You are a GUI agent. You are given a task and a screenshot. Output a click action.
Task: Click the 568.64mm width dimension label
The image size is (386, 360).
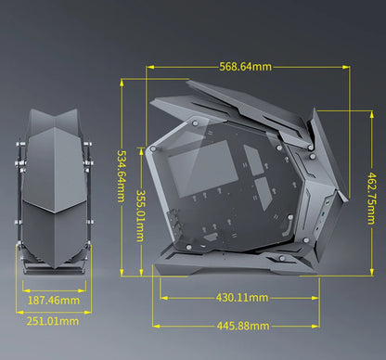click(x=246, y=67)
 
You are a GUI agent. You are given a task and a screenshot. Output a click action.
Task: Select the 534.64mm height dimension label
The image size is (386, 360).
click(x=122, y=178)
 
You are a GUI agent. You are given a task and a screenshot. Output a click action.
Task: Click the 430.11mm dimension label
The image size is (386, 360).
click(x=242, y=298)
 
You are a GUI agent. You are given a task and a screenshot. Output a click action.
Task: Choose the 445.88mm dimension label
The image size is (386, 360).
click(x=242, y=325)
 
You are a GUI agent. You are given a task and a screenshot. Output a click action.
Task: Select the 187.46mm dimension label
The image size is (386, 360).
click(x=52, y=301)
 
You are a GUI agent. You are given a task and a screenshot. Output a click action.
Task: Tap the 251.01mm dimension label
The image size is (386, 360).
click(x=52, y=320)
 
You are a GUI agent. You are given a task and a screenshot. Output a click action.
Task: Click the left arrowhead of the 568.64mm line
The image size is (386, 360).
click(x=149, y=67)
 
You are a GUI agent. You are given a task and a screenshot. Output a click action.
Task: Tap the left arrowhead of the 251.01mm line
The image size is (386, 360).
click(x=20, y=320)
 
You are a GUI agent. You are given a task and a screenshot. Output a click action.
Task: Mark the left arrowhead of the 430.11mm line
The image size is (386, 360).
click(x=163, y=298)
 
